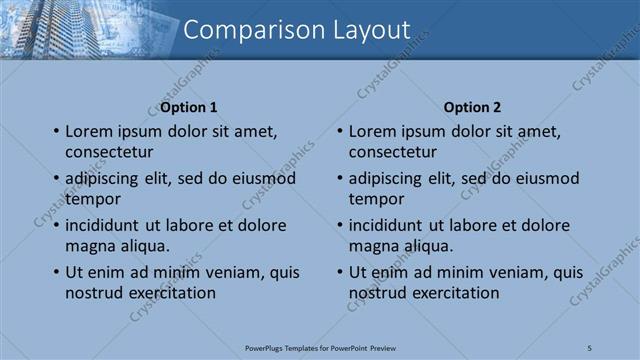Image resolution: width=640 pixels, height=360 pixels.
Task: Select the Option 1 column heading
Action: [x=189, y=107]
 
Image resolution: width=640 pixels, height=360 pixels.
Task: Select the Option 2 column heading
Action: [x=472, y=107]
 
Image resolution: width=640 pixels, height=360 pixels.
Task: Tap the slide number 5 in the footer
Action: [x=590, y=347]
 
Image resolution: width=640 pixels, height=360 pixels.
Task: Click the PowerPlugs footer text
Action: [x=320, y=347]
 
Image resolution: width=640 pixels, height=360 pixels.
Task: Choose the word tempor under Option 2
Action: [x=376, y=199]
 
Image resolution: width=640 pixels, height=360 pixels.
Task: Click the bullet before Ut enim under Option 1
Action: [x=56, y=272]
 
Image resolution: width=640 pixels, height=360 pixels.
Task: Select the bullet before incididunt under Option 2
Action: [x=340, y=225]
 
